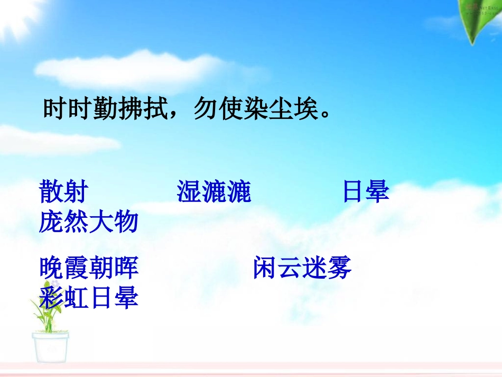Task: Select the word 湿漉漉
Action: click(213, 191)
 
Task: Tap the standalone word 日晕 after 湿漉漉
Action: click(366, 191)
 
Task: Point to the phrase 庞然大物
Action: click(89, 222)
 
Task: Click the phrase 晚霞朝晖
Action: click(89, 269)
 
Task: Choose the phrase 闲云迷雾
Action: click(302, 269)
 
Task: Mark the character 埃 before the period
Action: click(306, 109)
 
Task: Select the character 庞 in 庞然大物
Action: click(51, 222)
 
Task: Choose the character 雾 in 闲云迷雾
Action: click(340, 269)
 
